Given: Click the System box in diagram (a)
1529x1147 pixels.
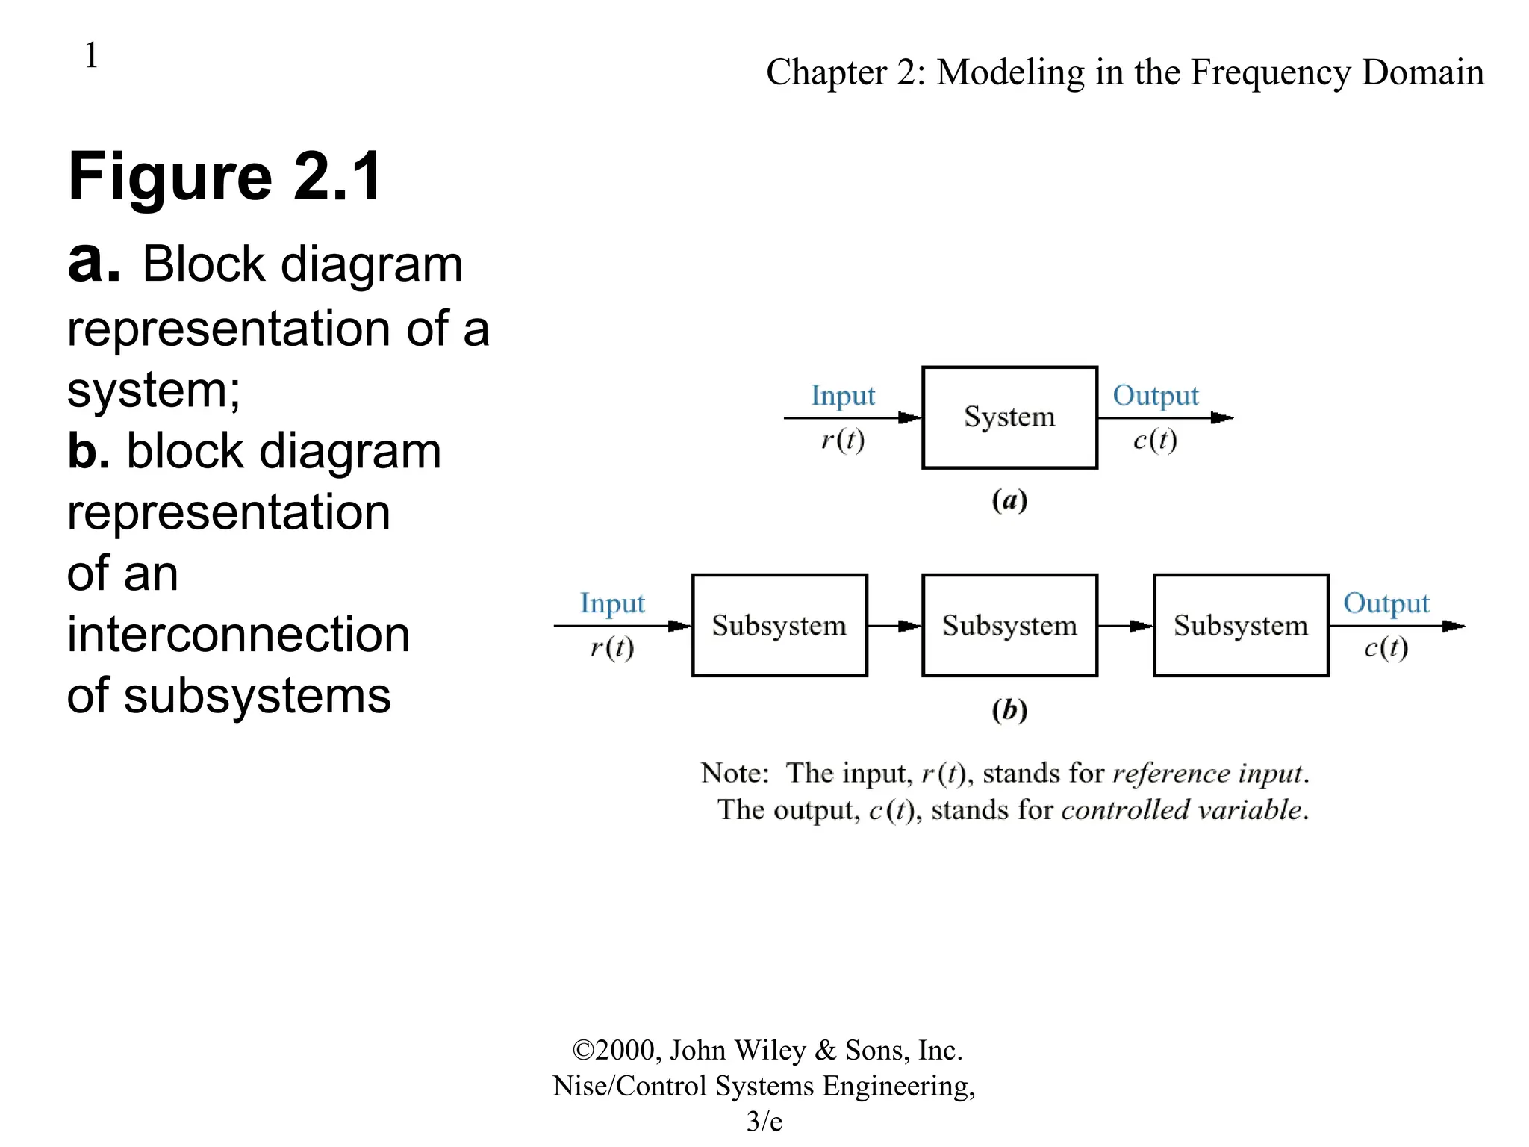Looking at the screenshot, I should (1009, 417).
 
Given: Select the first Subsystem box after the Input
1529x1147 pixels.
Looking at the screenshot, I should (779, 625).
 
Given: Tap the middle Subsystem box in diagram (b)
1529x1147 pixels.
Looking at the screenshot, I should (1009, 625).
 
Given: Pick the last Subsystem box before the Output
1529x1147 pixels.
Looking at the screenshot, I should (1241, 625).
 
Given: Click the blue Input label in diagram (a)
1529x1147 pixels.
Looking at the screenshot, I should (843, 396).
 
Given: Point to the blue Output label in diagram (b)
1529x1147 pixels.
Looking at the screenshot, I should (1386, 603).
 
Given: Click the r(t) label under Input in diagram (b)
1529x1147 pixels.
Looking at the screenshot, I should (612, 647).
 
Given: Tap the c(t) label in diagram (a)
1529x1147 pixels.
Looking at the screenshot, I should (1155, 440).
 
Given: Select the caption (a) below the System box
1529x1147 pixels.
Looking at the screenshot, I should (1009, 500).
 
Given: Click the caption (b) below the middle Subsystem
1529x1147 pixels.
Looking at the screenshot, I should (1009, 709).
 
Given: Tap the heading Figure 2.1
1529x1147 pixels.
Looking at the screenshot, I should (225, 177).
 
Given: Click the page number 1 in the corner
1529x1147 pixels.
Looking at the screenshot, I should (91, 55).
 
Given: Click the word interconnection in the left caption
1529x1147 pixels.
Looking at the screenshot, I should (238, 635).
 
